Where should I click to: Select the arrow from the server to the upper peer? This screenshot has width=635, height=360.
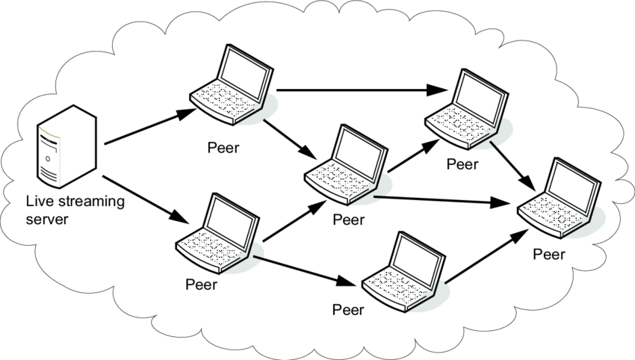tap(150, 127)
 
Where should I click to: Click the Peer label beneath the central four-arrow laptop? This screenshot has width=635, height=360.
tap(349, 220)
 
